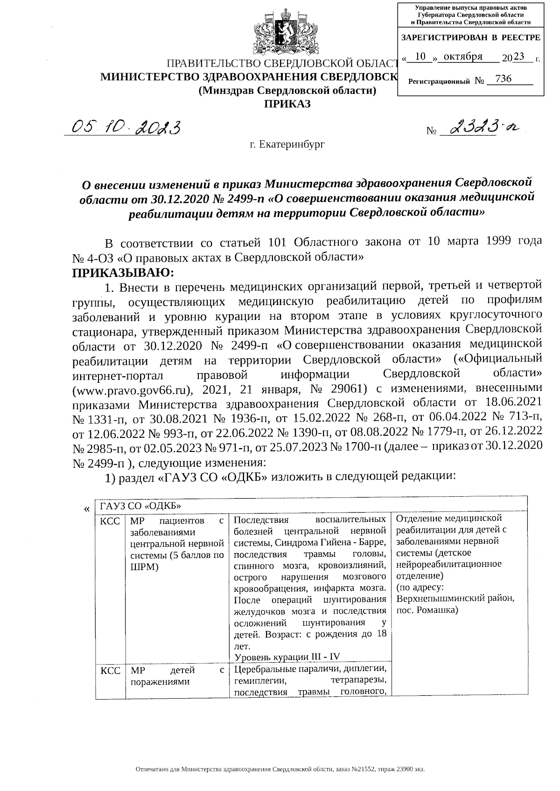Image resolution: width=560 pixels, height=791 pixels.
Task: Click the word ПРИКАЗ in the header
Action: click(287, 104)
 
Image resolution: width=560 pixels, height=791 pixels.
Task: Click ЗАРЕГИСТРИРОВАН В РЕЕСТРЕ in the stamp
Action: click(470, 37)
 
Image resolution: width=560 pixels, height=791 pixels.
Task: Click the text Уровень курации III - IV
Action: click(287, 657)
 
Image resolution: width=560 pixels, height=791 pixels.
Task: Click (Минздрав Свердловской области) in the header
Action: click(287, 90)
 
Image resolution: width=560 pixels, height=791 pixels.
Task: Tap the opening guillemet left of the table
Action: click(86, 509)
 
